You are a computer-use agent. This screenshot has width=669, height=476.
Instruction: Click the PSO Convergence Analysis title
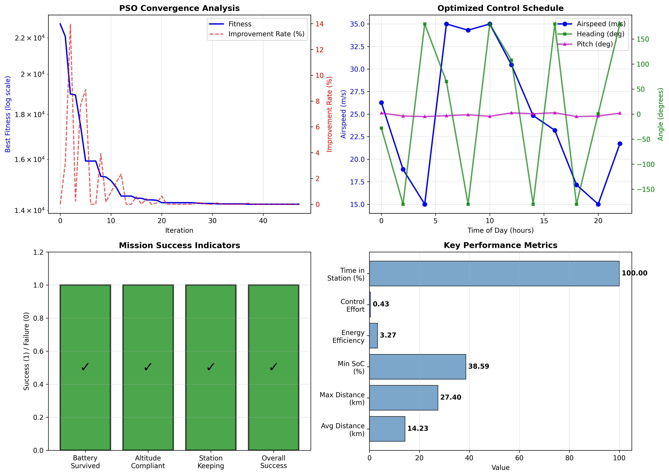[x=179, y=8]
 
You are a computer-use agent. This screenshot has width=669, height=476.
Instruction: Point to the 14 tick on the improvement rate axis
[x=319, y=24]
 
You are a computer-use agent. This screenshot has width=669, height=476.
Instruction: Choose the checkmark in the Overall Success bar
[x=273, y=367]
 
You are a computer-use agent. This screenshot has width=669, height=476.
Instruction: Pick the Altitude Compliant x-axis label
[x=148, y=462]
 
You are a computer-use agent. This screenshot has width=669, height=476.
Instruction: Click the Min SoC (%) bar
[x=417, y=367]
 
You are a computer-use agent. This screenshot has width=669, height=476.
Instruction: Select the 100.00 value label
[x=634, y=273]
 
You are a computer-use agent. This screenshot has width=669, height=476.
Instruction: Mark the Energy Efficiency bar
[x=373, y=336]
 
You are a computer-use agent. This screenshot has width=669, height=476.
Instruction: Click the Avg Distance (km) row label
[x=343, y=430]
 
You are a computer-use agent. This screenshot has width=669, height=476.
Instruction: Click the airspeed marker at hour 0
[x=381, y=103]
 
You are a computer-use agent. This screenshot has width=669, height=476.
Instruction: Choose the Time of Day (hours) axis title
[x=500, y=230]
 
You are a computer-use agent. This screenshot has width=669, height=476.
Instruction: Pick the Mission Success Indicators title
[x=179, y=245]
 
